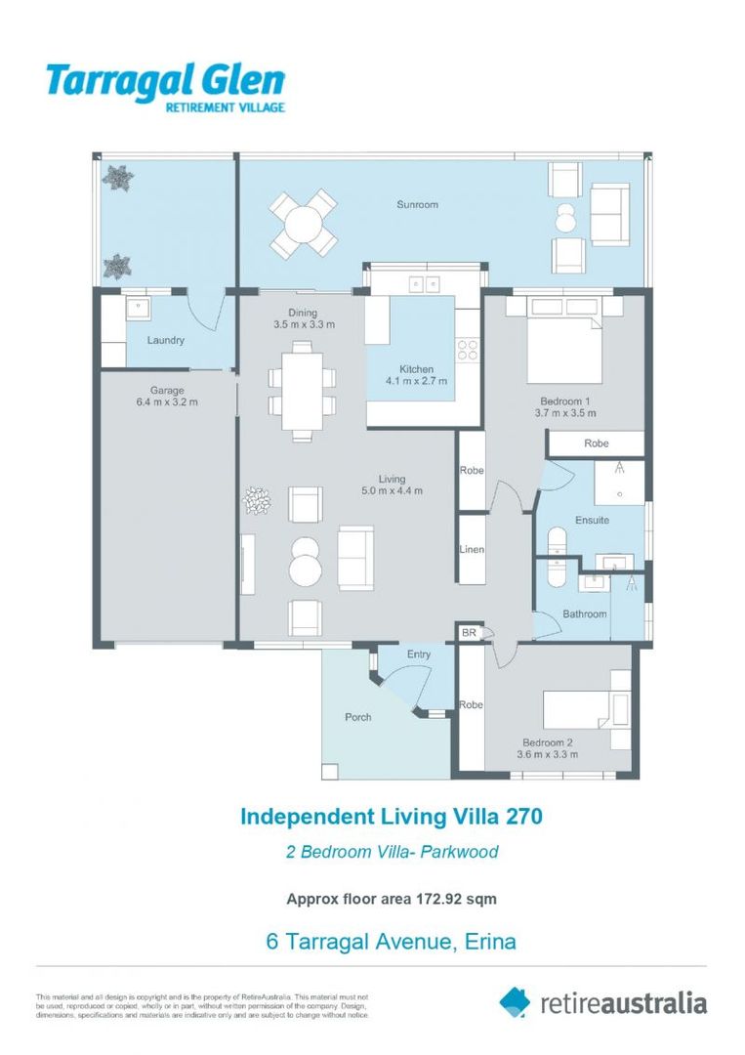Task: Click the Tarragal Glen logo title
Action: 166,81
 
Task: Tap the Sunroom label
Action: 417,205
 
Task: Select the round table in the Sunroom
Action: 304,223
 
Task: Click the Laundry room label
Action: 166,341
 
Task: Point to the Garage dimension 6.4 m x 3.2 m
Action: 167,401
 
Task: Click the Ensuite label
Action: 592,520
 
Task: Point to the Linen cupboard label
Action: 472,550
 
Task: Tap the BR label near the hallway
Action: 469,633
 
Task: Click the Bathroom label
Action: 584,614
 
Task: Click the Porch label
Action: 358,717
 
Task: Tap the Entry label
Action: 419,654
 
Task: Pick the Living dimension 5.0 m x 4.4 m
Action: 392,491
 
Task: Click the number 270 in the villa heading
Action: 520,816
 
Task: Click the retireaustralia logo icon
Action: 515,1001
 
